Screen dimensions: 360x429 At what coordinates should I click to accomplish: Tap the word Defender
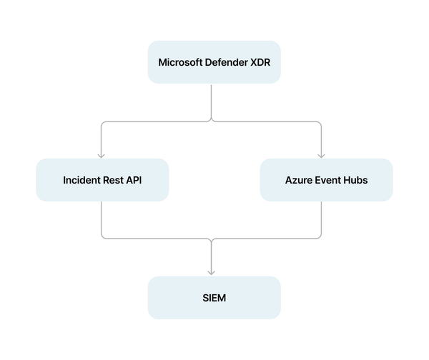230,62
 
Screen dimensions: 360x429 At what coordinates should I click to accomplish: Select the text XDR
266,62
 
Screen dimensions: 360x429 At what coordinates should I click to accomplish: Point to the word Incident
82,180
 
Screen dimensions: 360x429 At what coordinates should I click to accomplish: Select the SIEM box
214,298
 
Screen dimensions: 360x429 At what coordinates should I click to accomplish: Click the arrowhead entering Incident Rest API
102,155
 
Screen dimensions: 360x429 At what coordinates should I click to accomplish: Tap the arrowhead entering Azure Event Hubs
321,155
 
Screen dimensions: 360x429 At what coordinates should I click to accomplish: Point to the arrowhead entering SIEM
212,272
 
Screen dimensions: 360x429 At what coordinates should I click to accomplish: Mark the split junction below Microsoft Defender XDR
212,121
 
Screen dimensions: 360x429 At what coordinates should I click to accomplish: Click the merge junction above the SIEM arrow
212,239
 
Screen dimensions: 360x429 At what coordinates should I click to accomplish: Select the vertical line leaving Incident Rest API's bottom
102,218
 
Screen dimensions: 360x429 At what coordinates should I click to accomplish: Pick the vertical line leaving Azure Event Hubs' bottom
321,218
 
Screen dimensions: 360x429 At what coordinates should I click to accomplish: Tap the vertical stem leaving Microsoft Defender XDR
212,100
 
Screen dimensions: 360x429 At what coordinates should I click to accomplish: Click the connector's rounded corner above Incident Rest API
103,123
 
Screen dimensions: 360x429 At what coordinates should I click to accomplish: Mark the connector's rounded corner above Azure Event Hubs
320,123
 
